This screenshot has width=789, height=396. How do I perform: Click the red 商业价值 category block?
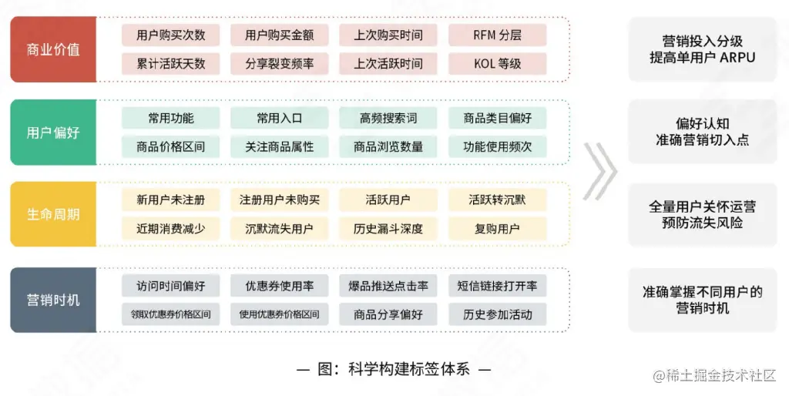pos(53,49)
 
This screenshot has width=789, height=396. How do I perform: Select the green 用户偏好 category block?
pos(53,133)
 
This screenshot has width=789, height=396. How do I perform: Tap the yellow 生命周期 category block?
pos(53,214)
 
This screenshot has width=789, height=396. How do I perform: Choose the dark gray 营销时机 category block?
pos(53,300)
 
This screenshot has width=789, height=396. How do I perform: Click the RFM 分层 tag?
pos(497,35)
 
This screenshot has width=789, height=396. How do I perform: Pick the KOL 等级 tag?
pos(497,64)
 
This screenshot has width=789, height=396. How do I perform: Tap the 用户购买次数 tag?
pos(170,35)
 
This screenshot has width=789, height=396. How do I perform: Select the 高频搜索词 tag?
pos(388,119)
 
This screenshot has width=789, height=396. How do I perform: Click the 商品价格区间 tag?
pos(170,146)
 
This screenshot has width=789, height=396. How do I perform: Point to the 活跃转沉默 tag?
pos(497,200)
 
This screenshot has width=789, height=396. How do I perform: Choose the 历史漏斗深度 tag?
pos(388,229)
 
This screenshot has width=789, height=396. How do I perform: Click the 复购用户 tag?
pos(497,229)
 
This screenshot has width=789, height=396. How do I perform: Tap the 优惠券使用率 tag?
pos(279,286)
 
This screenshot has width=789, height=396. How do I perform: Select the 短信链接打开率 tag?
pos(497,286)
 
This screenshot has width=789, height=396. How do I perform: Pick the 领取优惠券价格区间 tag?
pos(170,314)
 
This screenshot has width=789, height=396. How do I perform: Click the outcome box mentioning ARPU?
pos(702,49)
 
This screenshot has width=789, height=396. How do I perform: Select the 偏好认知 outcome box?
pos(702,132)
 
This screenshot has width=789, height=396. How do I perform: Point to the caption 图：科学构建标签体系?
pos(394,368)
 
